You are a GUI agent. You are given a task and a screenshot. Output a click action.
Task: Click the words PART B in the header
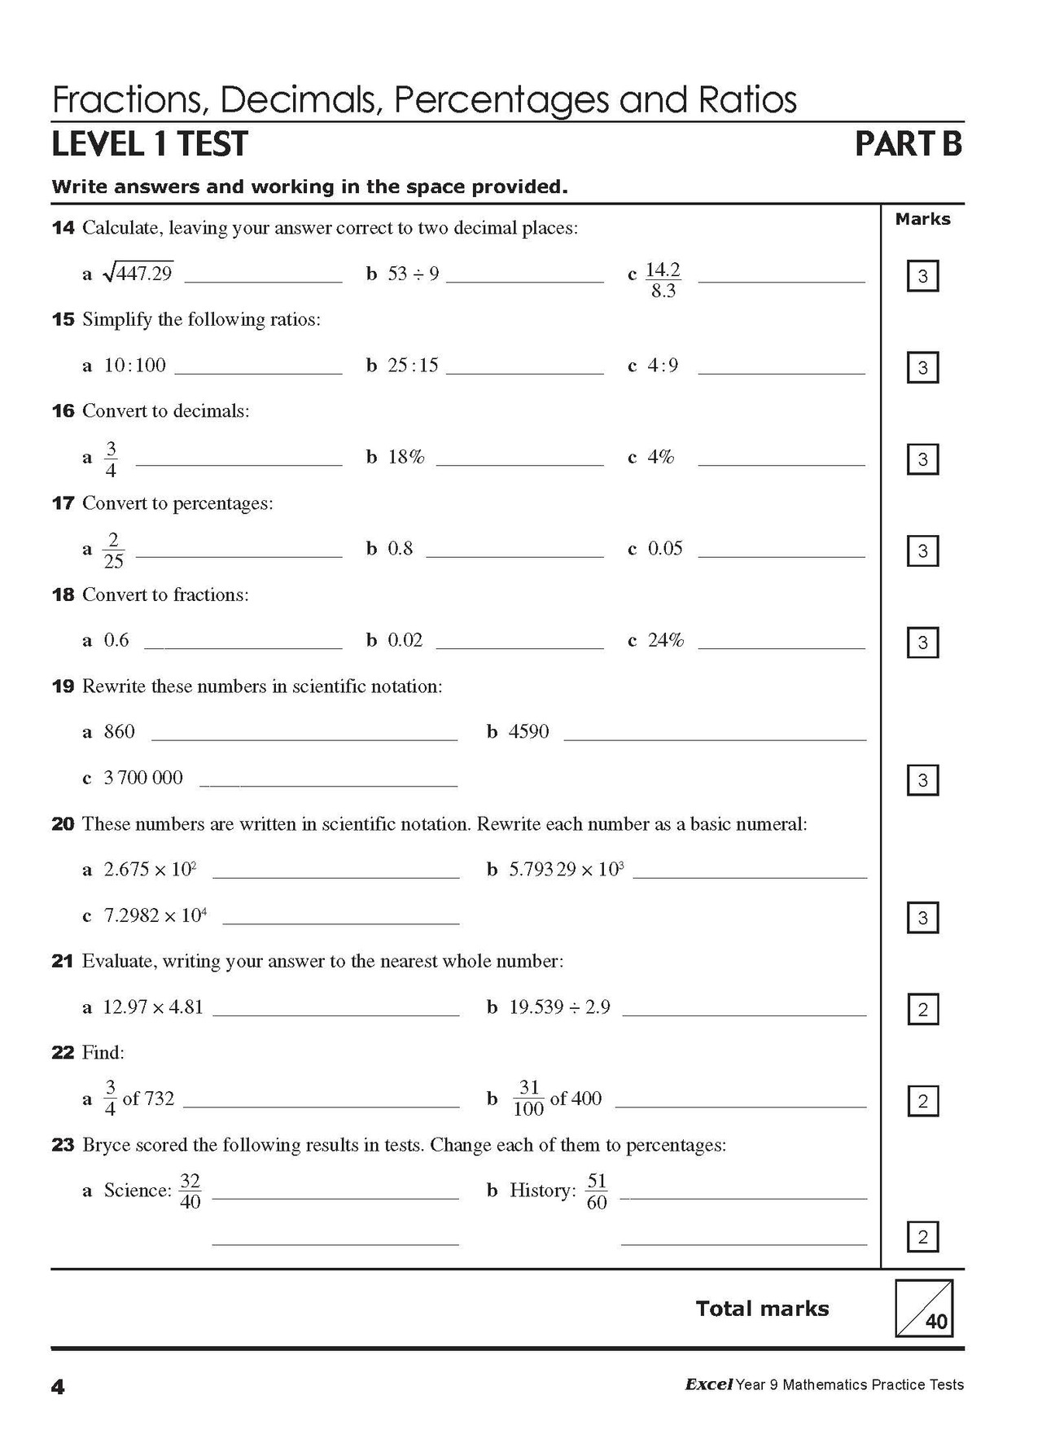pos(908,144)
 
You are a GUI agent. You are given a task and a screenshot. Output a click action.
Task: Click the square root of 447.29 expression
pos(138,274)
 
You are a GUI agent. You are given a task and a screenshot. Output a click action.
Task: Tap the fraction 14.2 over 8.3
pos(663,280)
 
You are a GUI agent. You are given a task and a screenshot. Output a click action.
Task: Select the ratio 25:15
pos(413,366)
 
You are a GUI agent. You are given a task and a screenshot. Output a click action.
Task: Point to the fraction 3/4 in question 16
pos(111,459)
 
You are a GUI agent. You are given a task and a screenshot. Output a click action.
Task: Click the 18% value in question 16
pos(406,457)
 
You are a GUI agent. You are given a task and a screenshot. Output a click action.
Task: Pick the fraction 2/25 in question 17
pos(113,551)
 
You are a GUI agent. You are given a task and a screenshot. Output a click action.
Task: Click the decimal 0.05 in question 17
pos(665,549)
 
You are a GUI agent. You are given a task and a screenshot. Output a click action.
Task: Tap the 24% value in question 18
pos(665,641)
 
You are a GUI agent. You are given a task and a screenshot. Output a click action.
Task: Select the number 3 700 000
pos(143,778)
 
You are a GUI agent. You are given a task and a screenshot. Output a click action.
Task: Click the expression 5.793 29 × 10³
pos(566,870)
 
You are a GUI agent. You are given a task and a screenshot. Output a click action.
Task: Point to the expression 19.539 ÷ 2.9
pos(559,1007)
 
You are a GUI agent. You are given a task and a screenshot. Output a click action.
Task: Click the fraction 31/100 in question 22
pos(528,1099)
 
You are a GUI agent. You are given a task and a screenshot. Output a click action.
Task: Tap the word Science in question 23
pos(137,1191)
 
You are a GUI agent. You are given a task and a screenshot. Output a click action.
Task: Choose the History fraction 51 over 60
pos(597,1191)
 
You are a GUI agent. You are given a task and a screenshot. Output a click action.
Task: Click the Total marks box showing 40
pos(923,1309)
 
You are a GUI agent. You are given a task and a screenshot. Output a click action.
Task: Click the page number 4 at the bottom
pos(58,1387)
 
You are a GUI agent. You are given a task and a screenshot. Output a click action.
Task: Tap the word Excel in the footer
pos(708,1384)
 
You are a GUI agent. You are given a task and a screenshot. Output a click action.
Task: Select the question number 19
pos(63,686)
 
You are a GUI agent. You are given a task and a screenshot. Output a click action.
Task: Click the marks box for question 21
pos(922,1010)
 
